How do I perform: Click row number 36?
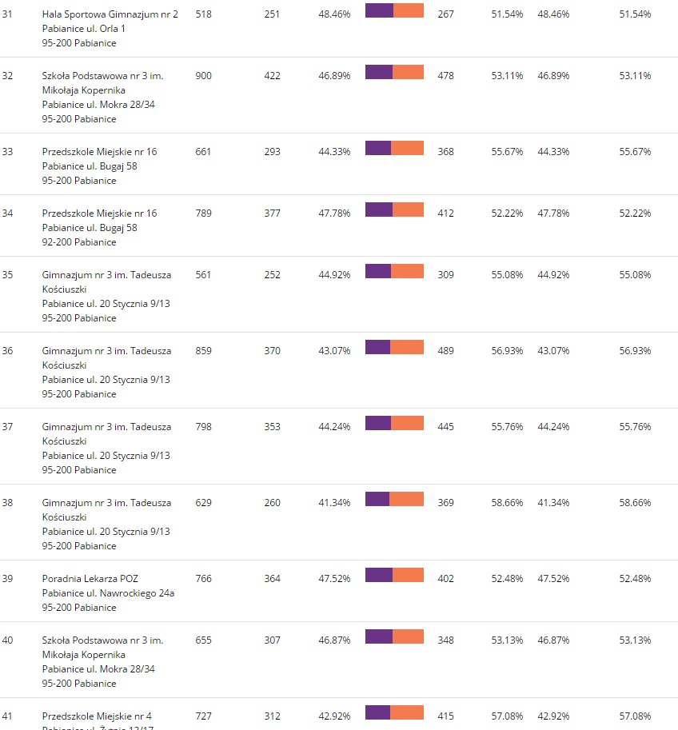click(x=8, y=351)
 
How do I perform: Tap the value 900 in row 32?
click(x=203, y=76)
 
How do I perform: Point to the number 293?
click(x=272, y=152)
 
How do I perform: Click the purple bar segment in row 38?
click(x=377, y=499)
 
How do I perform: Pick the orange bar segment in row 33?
click(x=407, y=148)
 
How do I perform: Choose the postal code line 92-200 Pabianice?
click(x=79, y=242)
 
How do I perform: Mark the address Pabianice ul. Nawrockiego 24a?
click(x=108, y=593)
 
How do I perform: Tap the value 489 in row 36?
click(x=445, y=351)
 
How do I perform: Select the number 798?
click(x=203, y=427)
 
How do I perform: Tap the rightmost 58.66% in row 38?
click(x=635, y=503)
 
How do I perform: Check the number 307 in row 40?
click(x=272, y=640)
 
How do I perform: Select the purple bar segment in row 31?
click(x=379, y=10)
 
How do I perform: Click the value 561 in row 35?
click(x=203, y=275)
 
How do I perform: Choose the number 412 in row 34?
click(x=445, y=213)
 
